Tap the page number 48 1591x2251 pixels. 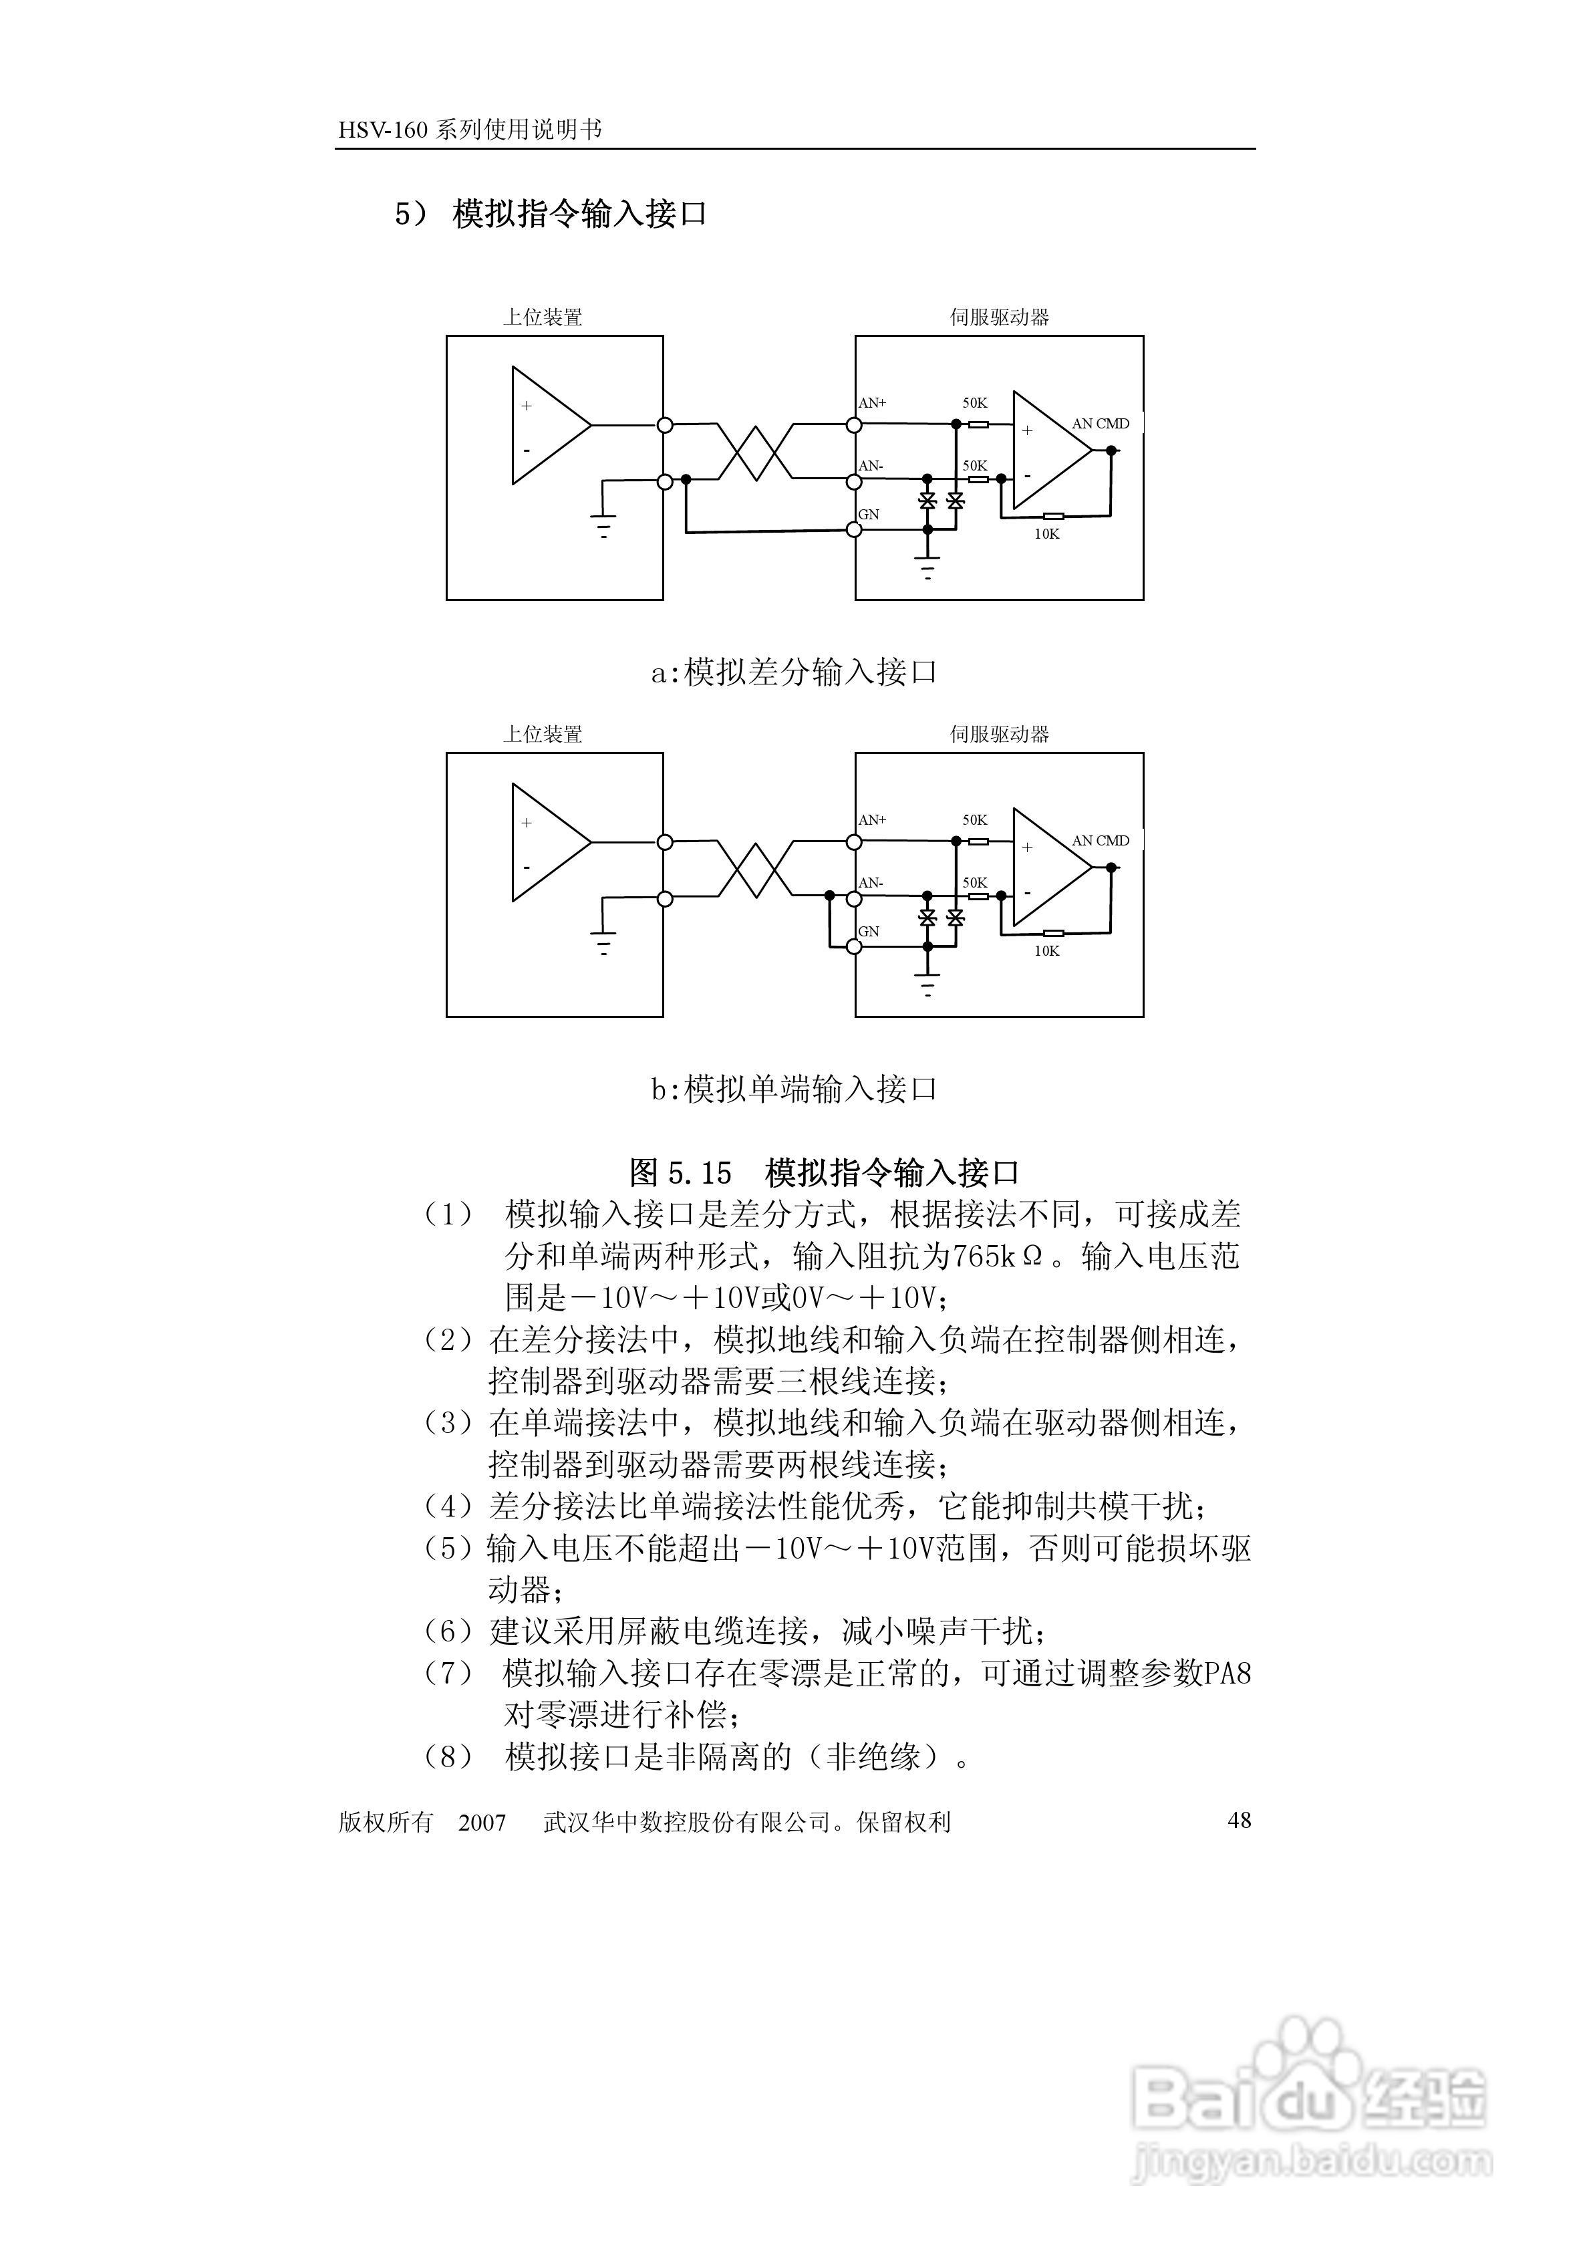coord(1239,1821)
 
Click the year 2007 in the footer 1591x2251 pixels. coord(482,1823)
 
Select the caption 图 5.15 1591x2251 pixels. coord(680,1172)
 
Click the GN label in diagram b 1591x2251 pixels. coord(869,932)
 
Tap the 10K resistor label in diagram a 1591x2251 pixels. coord(1047,534)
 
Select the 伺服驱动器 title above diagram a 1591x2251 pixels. coord(999,317)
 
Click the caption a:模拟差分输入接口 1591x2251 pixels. coord(794,672)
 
